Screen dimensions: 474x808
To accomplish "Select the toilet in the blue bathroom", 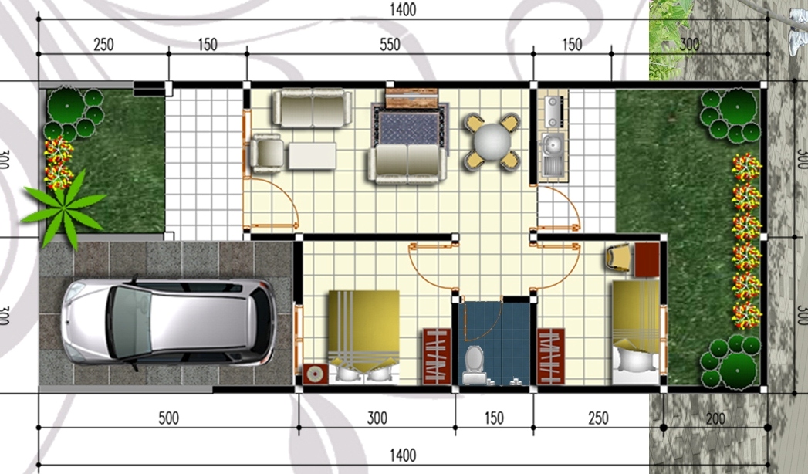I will pyautogui.click(x=473, y=363).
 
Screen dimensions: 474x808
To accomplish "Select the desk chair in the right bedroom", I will pyautogui.click(x=621, y=258).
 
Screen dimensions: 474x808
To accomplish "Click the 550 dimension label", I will pyautogui.click(x=390, y=45).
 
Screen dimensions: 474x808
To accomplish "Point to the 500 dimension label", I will pyautogui.click(x=168, y=418).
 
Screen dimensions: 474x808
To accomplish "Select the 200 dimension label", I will pyautogui.click(x=715, y=418).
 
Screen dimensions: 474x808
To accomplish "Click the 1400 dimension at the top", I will pyautogui.click(x=402, y=9).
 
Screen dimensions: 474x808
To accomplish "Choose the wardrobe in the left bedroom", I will pyautogui.click(x=436, y=356).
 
